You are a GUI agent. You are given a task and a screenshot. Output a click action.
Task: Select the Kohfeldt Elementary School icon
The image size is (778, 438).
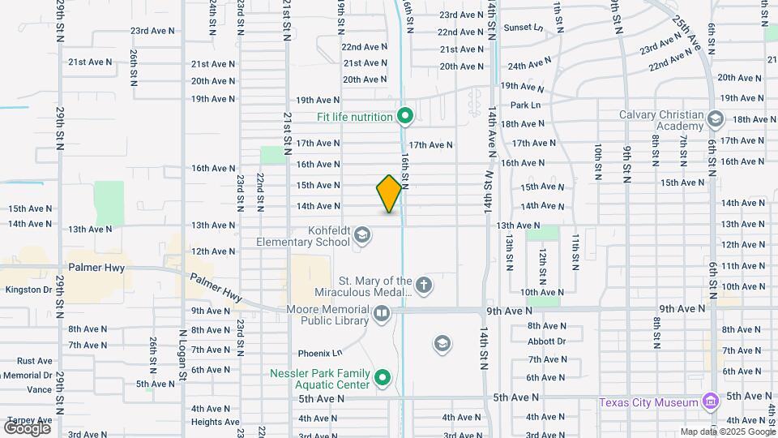362,236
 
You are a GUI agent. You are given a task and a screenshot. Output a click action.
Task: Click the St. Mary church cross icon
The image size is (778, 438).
423,286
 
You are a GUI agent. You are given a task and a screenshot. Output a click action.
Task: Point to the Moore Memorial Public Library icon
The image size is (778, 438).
381,313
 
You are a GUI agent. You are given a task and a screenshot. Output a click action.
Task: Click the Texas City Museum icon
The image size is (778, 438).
711,401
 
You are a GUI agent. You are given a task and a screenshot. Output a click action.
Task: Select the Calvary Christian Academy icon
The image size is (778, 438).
715,119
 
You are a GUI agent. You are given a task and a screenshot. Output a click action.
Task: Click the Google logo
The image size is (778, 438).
27,427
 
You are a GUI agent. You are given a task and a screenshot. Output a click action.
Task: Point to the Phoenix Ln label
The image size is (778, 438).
320,353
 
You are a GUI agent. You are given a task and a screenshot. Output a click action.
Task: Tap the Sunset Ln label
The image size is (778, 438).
523,27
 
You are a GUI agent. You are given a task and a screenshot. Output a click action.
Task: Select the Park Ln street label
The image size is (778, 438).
525,105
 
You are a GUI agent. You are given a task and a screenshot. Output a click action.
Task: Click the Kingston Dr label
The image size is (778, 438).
28,290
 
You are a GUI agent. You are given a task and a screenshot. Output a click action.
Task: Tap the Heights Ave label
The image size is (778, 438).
215,422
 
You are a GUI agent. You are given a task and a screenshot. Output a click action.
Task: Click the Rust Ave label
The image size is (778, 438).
34,361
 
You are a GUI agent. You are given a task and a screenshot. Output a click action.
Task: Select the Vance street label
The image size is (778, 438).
39,390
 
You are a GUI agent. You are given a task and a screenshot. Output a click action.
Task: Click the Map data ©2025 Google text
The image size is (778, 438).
726,432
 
